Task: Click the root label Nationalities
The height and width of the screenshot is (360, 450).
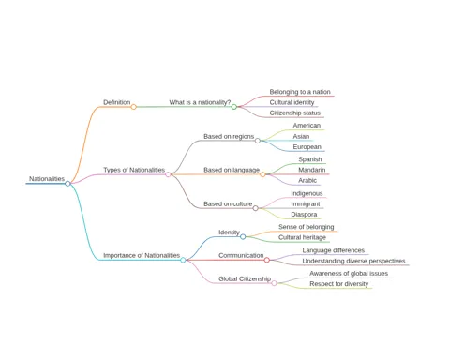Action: (47, 179)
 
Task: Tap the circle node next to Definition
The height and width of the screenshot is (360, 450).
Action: (134, 107)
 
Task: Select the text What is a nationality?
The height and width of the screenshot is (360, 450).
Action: (200, 102)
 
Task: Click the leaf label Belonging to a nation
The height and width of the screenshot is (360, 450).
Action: (300, 92)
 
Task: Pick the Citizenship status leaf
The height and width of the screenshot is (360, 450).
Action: (295, 112)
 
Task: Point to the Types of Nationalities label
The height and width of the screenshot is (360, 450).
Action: (134, 170)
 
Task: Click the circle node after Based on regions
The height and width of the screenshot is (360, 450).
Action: (258, 141)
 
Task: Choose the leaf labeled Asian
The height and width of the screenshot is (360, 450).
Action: (301, 136)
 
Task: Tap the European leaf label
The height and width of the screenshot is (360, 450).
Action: (307, 147)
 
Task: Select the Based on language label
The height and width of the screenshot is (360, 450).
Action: (232, 170)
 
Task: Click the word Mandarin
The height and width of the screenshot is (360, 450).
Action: (312, 170)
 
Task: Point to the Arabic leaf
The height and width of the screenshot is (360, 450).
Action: (307, 180)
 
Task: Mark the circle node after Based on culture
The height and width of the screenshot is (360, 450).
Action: (256, 208)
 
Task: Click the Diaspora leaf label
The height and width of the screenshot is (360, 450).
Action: (304, 215)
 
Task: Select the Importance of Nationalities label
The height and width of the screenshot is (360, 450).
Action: (142, 255)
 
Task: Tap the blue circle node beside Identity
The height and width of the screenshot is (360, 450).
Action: (243, 237)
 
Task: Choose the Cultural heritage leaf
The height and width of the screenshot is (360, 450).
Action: (302, 237)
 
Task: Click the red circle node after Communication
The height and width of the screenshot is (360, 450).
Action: (267, 260)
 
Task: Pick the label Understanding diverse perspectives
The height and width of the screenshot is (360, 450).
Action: (353, 261)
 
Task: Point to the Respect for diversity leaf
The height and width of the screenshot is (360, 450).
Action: (339, 284)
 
